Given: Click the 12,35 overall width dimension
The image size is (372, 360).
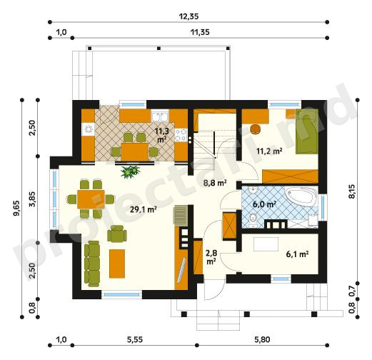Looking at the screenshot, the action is [188, 16].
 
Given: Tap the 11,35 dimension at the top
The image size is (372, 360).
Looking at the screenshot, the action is [200, 32].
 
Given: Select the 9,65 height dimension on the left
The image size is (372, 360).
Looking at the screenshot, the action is [16, 209].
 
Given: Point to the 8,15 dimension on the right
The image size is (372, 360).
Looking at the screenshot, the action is [353, 191].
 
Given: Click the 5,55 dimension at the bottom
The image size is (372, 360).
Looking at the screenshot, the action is [135, 339].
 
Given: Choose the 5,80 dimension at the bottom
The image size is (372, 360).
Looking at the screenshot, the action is [262, 339].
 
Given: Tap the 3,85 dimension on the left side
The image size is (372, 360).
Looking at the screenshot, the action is [32, 199].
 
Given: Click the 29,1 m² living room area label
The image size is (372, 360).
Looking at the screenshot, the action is [143, 209].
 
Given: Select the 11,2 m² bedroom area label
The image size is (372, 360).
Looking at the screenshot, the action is [269, 151].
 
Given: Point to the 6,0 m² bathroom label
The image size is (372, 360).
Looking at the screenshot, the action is [264, 204].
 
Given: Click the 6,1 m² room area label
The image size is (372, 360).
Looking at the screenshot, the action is [297, 254].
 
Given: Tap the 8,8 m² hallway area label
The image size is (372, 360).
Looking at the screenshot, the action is [215, 183].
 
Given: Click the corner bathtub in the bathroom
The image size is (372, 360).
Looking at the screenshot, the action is [301, 196].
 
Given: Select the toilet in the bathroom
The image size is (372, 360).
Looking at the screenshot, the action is [253, 220].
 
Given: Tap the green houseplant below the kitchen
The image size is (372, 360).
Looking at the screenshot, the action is [130, 171].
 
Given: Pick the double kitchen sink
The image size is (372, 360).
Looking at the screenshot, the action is [160, 116].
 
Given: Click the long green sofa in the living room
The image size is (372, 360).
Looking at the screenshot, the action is [92, 264].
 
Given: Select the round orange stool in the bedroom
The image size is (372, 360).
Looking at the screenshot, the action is [256, 129].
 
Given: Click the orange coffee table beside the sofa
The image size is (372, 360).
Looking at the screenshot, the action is [117, 264].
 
